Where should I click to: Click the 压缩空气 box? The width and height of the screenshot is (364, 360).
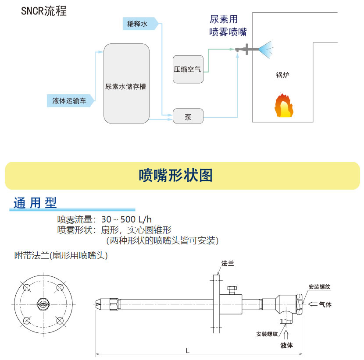(x=188, y=69)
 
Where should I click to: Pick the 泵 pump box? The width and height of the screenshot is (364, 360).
(x=188, y=117)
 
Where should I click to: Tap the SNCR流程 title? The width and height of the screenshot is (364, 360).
(x=44, y=11)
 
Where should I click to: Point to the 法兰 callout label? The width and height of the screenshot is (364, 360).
(x=228, y=264)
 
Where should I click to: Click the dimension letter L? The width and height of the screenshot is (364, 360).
(x=188, y=350)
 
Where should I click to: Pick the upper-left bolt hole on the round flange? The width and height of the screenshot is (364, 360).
(x=26, y=288)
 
